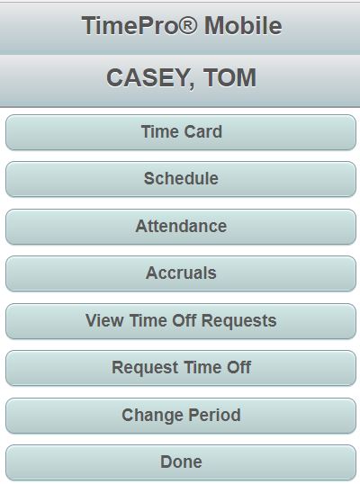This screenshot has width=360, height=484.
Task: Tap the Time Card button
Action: [x=181, y=132]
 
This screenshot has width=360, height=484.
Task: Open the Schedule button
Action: [x=181, y=179]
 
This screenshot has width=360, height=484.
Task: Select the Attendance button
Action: [x=181, y=227]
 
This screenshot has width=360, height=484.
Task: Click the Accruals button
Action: [x=181, y=273]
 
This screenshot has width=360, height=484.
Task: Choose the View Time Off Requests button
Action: [x=181, y=321]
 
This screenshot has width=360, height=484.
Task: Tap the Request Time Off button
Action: [x=181, y=368]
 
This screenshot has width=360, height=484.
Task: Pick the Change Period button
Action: [x=181, y=416]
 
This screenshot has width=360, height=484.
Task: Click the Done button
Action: [x=181, y=462]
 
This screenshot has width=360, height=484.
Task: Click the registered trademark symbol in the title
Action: [x=188, y=24]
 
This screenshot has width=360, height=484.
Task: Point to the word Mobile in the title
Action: [x=243, y=25]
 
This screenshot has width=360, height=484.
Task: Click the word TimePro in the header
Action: [x=130, y=25]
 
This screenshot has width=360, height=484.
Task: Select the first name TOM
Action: [x=229, y=77]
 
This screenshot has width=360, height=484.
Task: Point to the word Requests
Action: [x=238, y=321]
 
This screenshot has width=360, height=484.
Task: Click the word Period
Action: [x=214, y=415]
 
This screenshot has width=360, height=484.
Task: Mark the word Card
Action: [x=202, y=132]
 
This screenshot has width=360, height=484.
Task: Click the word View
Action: [x=104, y=320]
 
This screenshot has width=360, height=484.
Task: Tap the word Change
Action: [x=153, y=416]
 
